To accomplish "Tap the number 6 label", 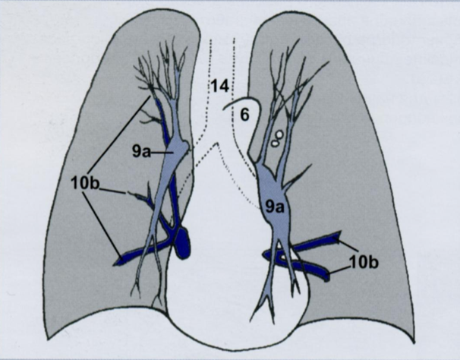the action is pyautogui.click(x=244, y=115).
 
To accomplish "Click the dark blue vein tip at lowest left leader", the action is pyautogui.click(x=121, y=261).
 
